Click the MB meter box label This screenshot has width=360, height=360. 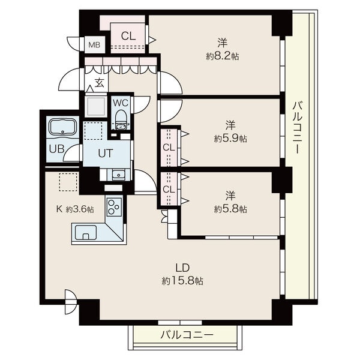coord(94,45)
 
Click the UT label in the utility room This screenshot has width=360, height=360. coord(106,154)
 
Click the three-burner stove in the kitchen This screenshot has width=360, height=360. coord(114,207)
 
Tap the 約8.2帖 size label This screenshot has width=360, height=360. coord(222,56)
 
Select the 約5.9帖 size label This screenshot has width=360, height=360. coord(230,139)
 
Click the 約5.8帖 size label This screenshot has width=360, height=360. coord(230,209)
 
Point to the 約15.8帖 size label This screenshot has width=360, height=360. coord(182,281)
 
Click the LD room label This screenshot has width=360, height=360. coord(182,268)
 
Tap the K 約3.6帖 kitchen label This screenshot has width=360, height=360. coord(75,209)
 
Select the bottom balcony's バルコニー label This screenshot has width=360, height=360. coord(187,335)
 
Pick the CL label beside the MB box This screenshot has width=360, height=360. coord(128,36)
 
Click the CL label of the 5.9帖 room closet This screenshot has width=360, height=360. coord(169,148)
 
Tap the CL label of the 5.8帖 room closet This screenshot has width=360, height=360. coord(169,190)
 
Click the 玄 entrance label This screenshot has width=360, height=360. coord(99,83)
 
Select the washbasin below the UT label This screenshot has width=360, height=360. coord(119,175)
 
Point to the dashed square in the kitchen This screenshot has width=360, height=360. coord(68,182)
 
